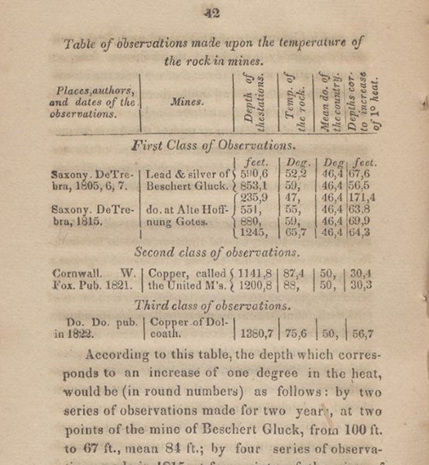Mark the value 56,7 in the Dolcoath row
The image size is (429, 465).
pyautogui.click(x=362, y=335)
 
